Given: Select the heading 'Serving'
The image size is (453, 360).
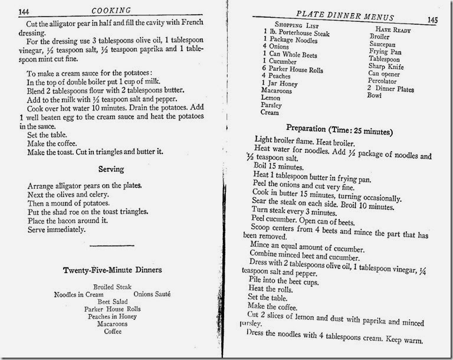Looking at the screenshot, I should tap(111, 169).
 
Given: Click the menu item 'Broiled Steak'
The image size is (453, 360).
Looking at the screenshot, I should tap(111, 287).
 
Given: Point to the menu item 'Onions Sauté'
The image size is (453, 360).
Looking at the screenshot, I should tap(152, 294).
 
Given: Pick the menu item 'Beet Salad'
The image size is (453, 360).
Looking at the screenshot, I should tap(111, 302).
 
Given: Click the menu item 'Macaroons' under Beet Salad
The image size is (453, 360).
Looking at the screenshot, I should tap(111, 324).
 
